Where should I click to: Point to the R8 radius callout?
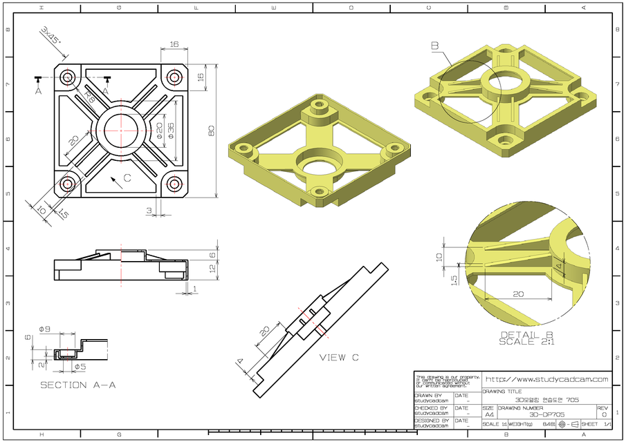coord(89,97)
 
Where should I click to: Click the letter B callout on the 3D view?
coord(435,46)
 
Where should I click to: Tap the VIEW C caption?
coord(339,358)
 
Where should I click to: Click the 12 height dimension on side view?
coord(214,268)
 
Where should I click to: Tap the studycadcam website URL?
coord(546,379)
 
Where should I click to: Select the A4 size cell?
coord(489,414)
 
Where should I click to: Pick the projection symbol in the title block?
coord(567,424)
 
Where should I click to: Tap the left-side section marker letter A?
coord(39,90)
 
